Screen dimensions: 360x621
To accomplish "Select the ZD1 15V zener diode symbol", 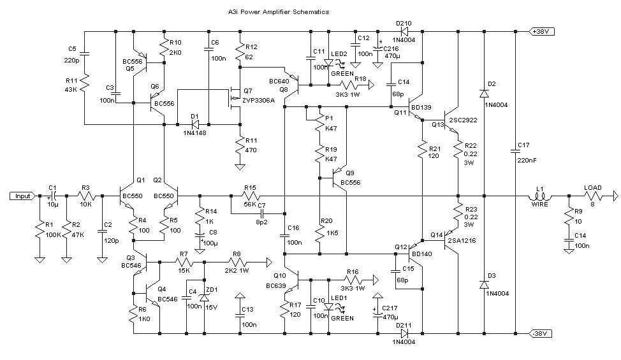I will (x=204, y=298).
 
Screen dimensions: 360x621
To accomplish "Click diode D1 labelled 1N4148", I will (x=195, y=124).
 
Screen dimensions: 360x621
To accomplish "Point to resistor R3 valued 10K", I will (x=86, y=196).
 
